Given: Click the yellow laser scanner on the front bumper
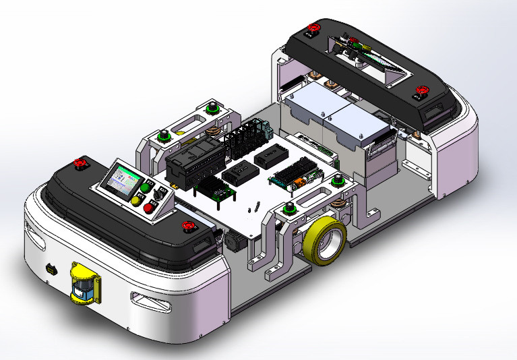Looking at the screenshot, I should click(83, 283).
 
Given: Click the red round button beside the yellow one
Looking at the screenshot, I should click(149, 207).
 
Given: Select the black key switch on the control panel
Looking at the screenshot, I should click(154, 196).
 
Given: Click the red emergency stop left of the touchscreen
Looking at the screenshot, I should click(80, 162).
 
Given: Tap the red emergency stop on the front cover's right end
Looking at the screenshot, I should click(187, 226).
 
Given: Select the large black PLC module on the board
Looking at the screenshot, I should click(193, 161).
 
